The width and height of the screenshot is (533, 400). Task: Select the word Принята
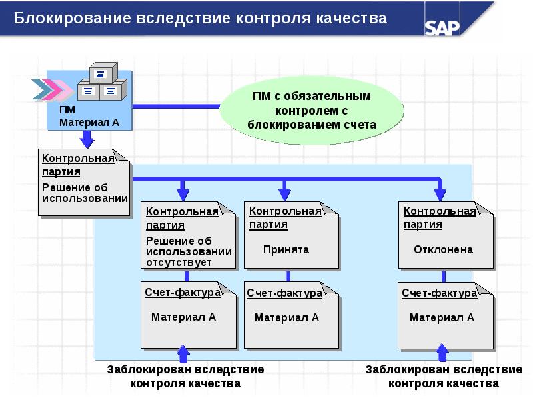(x=286, y=250)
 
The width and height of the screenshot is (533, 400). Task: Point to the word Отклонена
(x=443, y=250)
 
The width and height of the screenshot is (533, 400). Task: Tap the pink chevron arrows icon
(x=52, y=88)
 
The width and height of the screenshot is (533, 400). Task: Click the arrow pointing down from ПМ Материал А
(x=87, y=139)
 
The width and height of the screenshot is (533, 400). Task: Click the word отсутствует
(x=178, y=263)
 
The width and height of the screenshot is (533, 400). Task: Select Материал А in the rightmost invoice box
(x=442, y=318)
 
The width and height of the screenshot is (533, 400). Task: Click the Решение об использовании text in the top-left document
(x=84, y=193)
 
